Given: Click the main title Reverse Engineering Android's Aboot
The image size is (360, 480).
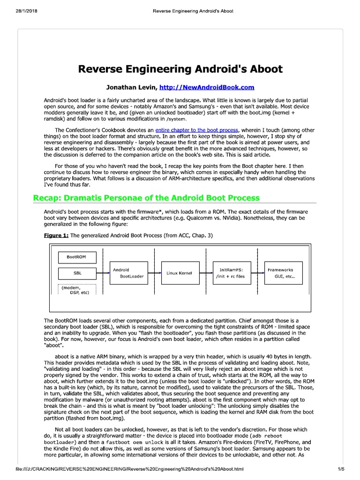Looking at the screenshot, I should tap(180, 69).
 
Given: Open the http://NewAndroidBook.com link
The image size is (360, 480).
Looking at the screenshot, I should tap(207, 87).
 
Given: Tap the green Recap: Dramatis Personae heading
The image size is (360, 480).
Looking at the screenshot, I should tap(146, 197).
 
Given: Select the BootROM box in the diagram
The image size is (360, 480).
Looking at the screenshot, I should tap(77, 257).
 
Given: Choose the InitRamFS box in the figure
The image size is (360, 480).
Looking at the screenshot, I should tap(232, 273).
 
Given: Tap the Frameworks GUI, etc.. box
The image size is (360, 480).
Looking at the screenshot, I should tap(284, 273).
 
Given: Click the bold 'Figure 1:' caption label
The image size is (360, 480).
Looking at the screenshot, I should tap(56, 235).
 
